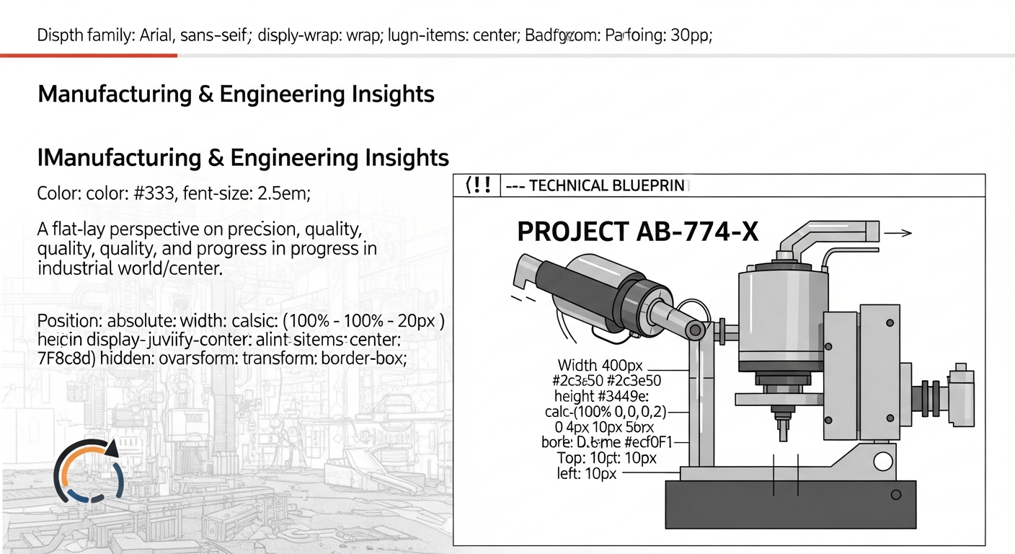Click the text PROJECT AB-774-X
click(x=638, y=232)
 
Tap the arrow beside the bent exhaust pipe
click(x=897, y=233)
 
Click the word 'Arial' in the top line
click(x=152, y=35)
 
